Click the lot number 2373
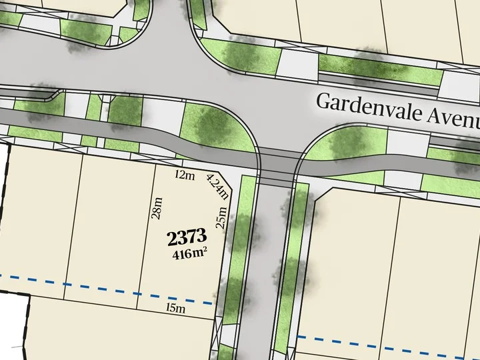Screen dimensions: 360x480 click(x=187, y=237)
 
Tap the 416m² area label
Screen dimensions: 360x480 click(x=189, y=253)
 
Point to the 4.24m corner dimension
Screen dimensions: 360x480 click(x=218, y=186)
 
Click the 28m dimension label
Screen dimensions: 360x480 click(x=158, y=207)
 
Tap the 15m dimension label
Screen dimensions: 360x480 click(x=175, y=308)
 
